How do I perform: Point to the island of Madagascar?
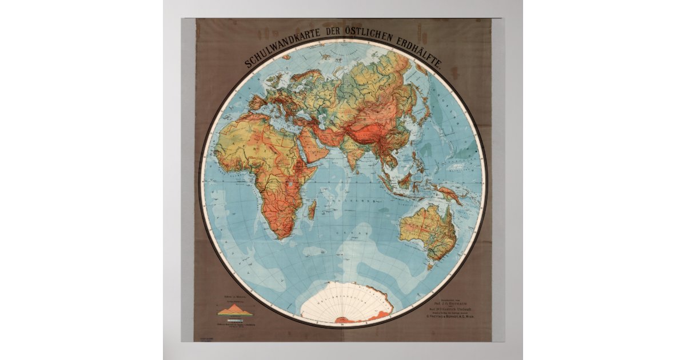click(x=312, y=211)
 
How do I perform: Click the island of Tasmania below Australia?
click(x=429, y=265)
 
